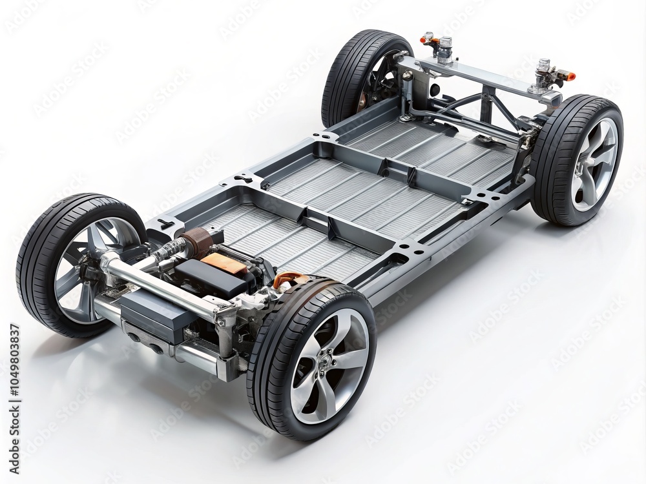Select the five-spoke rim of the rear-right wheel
pos(594,165)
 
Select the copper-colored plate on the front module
pos(224,263)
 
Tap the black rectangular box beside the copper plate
pos(210,277)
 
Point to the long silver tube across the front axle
pos(161,284)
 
